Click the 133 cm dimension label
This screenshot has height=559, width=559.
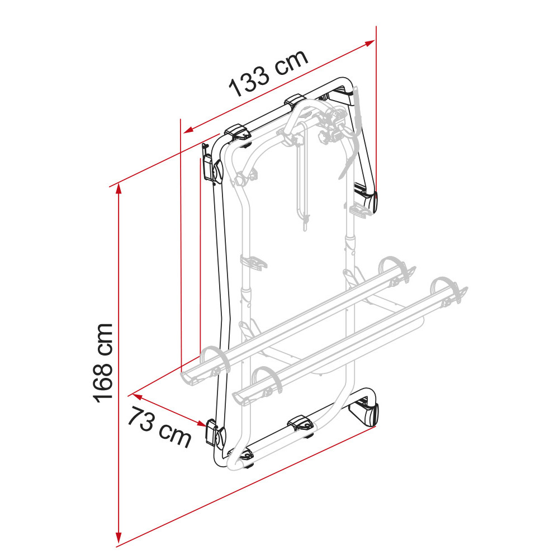point(269,74)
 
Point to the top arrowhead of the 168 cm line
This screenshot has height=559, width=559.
point(118,189)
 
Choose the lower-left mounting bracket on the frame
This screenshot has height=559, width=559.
point(213,433)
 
